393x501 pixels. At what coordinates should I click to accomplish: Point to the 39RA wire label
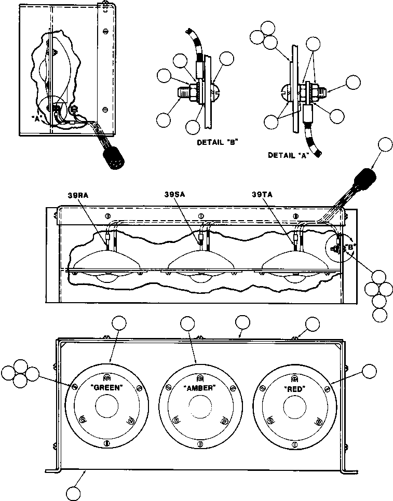pos(78,195)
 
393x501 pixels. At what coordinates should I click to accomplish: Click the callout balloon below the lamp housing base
pos(77,491)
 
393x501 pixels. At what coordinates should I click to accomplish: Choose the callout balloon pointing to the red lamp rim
pos(369,371)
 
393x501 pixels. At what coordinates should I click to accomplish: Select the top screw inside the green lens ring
pos(107,377)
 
